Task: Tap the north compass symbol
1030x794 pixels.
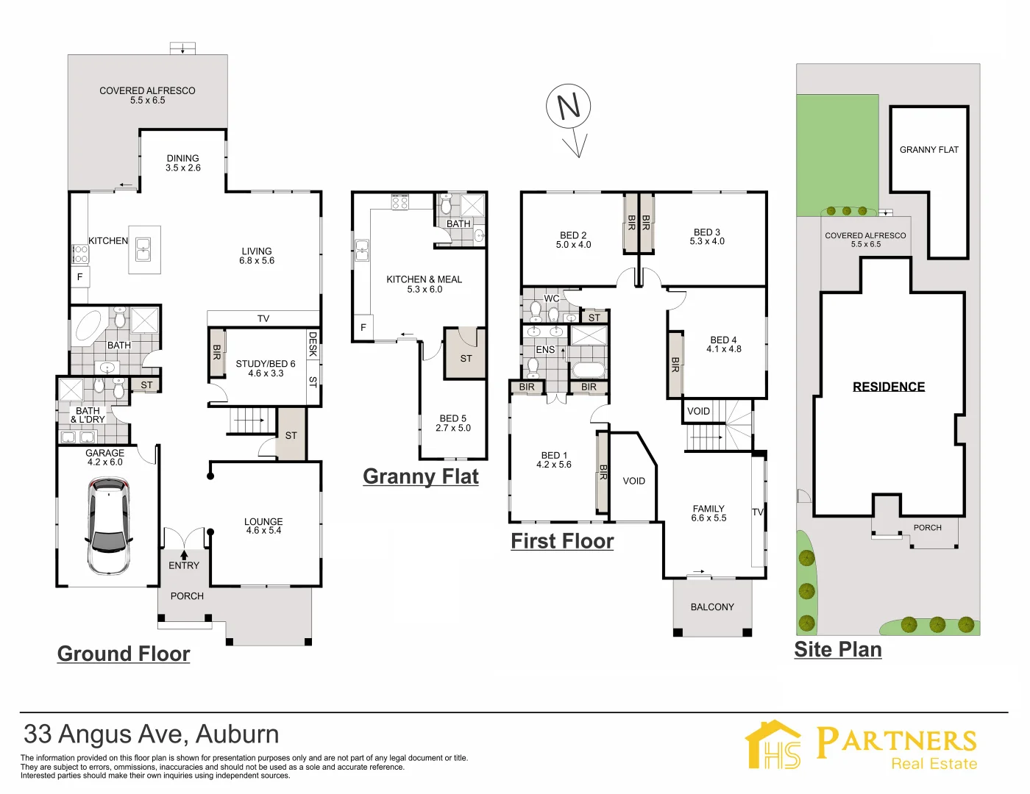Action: (569, 107)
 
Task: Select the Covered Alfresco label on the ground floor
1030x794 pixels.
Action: (147, 95)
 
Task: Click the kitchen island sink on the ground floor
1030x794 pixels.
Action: (143, 250)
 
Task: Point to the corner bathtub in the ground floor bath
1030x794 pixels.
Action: (88, 328)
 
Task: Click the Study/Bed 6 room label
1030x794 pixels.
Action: (266, 368)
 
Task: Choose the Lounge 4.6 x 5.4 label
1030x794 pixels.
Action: (263, 526)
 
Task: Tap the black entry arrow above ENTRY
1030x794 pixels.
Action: (184, 555)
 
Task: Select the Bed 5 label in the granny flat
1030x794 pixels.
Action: (452, 423)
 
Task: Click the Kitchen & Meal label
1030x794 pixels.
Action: (425, 284)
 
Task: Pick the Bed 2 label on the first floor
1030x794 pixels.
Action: (573, 240)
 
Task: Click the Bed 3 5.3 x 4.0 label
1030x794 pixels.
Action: (707, 236)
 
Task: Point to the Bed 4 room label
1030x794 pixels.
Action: (723, 344)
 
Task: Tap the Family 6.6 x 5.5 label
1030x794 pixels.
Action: (708, 513)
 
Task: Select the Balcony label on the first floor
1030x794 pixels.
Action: (712, 607)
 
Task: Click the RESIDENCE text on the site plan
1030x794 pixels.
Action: (889, 387)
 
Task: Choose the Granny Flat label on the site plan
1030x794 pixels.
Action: (929, 149)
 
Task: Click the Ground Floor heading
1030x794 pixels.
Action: (124, 654)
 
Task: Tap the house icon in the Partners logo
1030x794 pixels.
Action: (772, 745)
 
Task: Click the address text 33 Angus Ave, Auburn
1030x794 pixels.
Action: (152, 734)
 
